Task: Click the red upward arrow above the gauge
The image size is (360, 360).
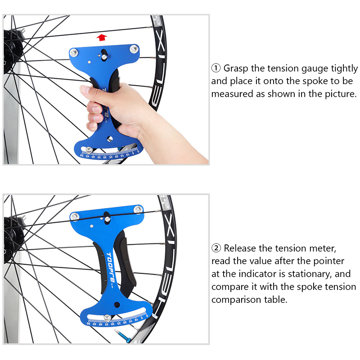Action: [102, 37]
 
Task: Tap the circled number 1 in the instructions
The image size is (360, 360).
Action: [216, 68]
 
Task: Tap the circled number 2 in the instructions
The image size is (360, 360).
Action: [216, 248]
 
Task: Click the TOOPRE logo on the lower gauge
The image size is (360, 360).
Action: [110, 267]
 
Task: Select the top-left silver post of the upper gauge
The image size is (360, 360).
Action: [74, 53]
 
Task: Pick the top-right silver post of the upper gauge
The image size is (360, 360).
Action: [134, 49]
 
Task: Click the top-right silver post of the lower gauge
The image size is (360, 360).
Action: [138, 210]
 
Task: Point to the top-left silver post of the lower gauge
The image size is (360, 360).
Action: [74, 216]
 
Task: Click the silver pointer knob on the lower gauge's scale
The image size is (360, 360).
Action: [107, 318]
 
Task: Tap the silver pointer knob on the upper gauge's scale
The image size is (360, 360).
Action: [89, 150]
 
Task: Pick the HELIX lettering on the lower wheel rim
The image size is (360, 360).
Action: [167, 264]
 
